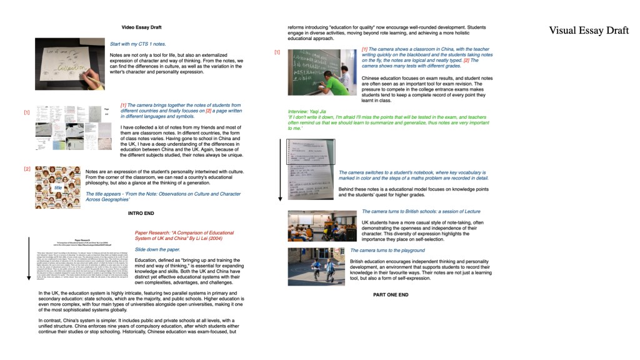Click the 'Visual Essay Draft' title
pyautogui.click(x=589, y=31)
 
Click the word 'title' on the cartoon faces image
pyautogui.click(x=58, y=187)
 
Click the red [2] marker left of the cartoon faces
pyautogui.click(x=27, y=169)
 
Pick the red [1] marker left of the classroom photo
pyautogui.click(x=277, y=52)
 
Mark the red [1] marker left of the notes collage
pyautogui.click(x=27, y=112)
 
